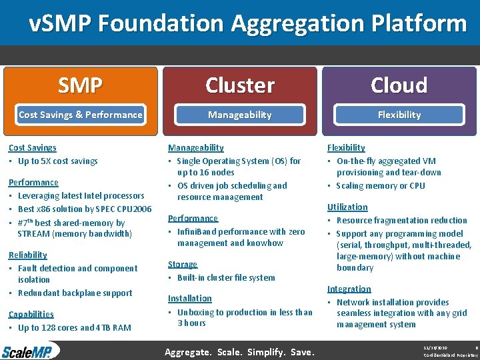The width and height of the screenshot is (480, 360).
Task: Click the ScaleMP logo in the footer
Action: pos(30,351)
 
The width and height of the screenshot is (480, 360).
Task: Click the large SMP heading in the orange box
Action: pos(80,85)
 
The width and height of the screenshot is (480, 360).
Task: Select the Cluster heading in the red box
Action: pos(239,85)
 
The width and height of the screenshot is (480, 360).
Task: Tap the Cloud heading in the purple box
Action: pos(399,85)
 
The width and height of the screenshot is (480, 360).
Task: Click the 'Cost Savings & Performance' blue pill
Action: pos(80,115)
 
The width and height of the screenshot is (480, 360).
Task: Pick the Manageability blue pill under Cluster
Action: pos(239,115)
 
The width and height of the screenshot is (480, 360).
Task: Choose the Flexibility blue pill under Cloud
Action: pos(399,115)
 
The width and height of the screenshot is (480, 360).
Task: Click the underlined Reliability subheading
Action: pos(27,255)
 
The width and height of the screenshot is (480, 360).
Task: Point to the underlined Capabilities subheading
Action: pos(31,314)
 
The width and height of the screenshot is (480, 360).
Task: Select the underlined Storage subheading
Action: pos(182,265)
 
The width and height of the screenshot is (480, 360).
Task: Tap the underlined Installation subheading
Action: pos(189,299)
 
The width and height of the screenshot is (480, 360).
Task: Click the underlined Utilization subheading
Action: pos(347,207)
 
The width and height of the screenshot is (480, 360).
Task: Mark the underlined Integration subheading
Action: pos(349,289)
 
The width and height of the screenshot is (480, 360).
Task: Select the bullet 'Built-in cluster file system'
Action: pos(225,278)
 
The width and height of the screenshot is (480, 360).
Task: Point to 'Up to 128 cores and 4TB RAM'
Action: pos(74,328)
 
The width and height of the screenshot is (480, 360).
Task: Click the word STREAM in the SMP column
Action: pos(33,234)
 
